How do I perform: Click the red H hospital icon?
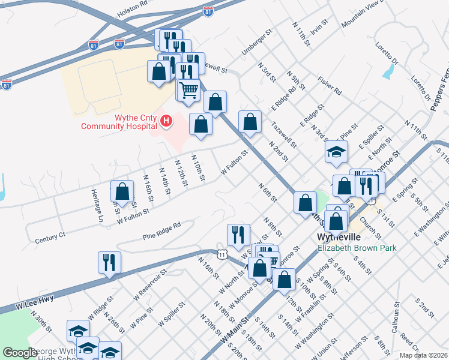click(x=166, y=122)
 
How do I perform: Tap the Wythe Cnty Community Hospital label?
click(x=119, y=122)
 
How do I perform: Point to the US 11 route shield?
click(x=222, y=255)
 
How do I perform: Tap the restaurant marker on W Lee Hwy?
click(x=109, y=263)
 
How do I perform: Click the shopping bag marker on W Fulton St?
click(x=122, y=191)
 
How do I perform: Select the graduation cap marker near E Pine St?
click(x=336, y=152)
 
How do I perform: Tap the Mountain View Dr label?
click(x=362, y=14)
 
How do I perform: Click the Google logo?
click(x=20, y=352)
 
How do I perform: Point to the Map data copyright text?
click(x=423, y=355)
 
